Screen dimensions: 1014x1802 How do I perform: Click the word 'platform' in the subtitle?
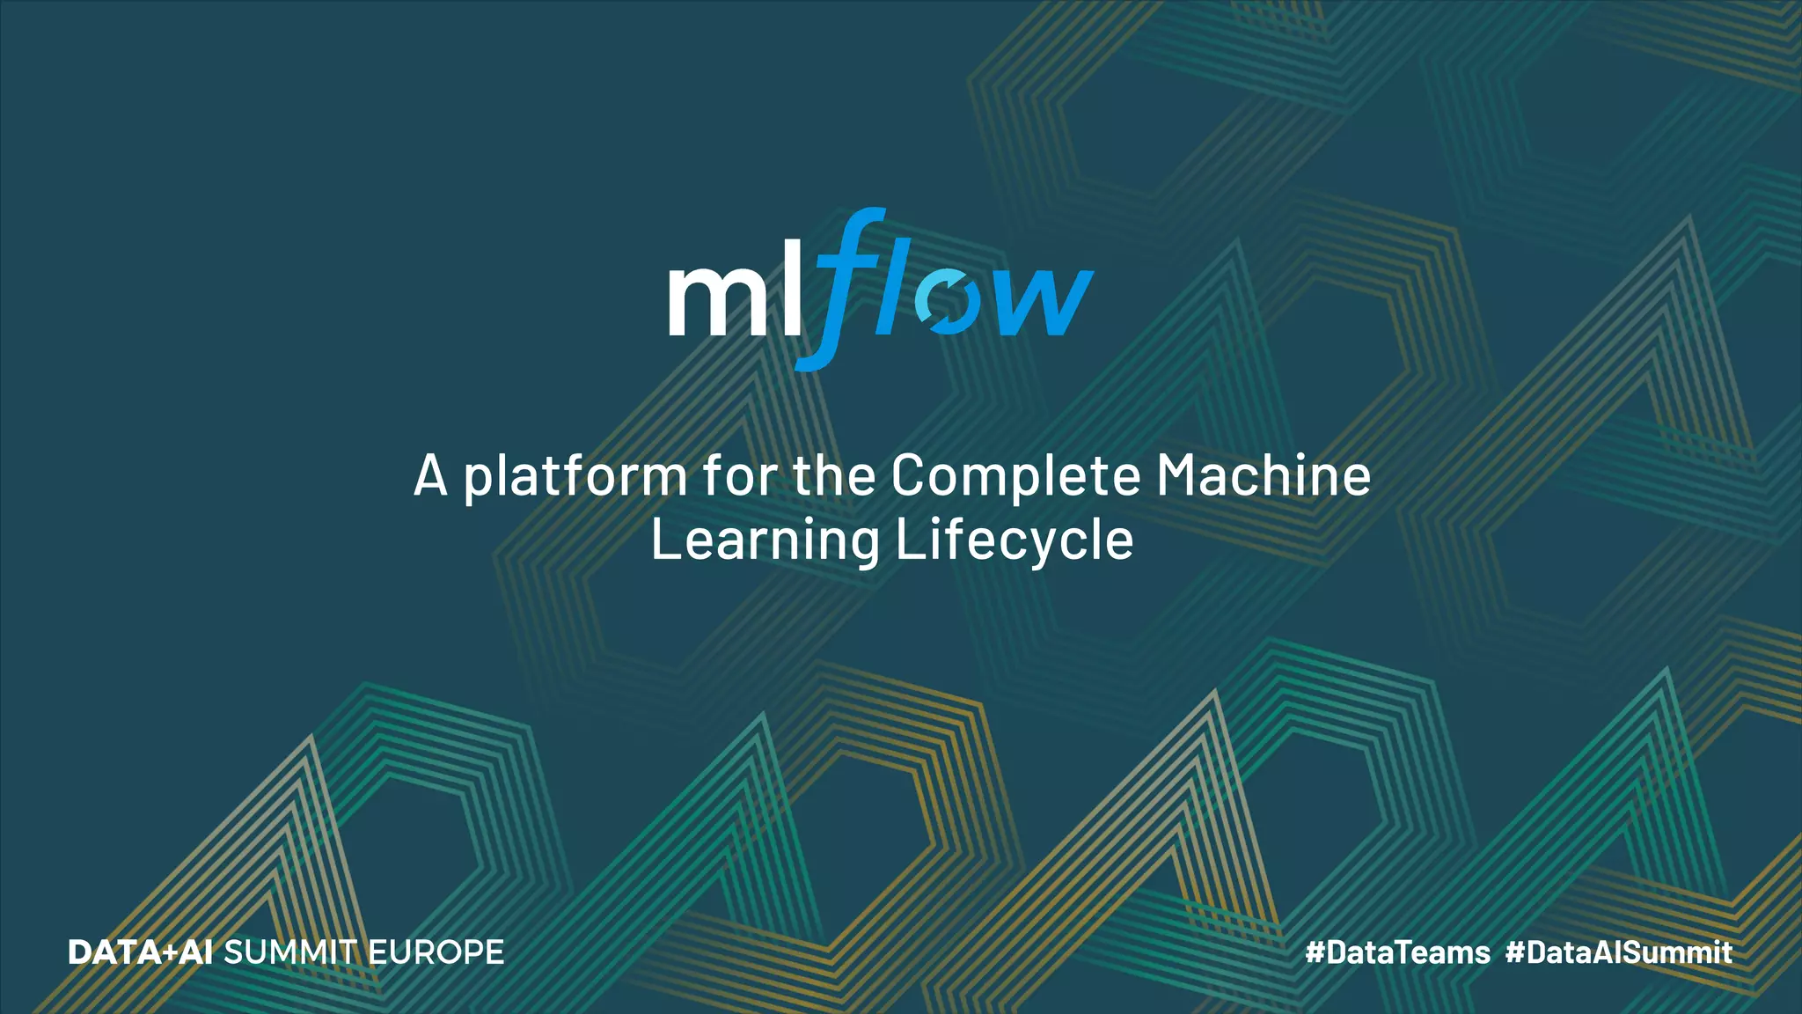[x=575, y=476]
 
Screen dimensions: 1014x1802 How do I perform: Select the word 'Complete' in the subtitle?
[x=1015, y=476]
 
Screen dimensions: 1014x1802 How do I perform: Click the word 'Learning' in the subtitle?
[x=765, y=540]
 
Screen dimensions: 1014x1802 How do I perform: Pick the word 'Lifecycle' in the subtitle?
[x=1015, y=540]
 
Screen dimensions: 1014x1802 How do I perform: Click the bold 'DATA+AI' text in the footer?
[x=140, y=952]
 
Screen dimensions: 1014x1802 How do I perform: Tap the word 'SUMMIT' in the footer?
[x=289, y=952]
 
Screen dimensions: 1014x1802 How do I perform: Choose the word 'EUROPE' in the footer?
[x=436, y=952]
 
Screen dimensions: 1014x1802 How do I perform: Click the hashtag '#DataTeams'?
[x=1397, y=952]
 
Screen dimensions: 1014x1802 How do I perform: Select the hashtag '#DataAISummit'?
[x=1619, y=952]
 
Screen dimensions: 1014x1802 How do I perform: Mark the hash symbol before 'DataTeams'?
[x=1315, y=952]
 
